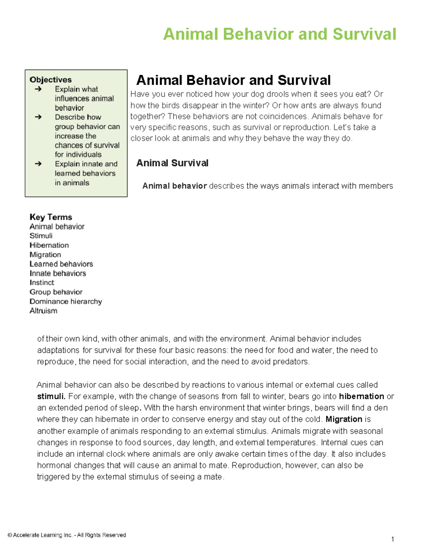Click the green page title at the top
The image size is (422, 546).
tap(280, 34)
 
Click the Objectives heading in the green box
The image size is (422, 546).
tap(51, 80)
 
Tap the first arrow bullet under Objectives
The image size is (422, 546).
tap(38, 89)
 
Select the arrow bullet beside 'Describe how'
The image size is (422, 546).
tap(38, 117)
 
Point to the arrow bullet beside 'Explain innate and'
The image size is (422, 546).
tap(38, 164)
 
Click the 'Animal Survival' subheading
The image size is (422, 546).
tap(172, 163)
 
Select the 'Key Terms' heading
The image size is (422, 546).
tap(51, 217)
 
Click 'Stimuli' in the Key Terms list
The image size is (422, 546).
tap(41, 236)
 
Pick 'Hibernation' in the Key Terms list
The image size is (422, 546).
tap(49, 245)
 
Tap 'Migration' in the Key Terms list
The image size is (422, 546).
tap(45, 255)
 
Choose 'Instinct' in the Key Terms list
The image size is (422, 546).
tap(42, 283)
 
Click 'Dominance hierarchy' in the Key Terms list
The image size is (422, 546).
tap(66, 301)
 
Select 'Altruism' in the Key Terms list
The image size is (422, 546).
tap(43, 311)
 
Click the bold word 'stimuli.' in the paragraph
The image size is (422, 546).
tap(51, 397)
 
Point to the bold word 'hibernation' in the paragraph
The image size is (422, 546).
tap(361, 397)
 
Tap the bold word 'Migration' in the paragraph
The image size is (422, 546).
tap(344, 419)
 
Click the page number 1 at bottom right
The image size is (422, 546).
tap(392, 539)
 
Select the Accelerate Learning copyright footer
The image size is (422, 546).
tap(67, 535)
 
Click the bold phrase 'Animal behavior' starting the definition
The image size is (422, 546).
tap(174, 186)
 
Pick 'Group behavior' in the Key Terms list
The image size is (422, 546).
tap(56, 292)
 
